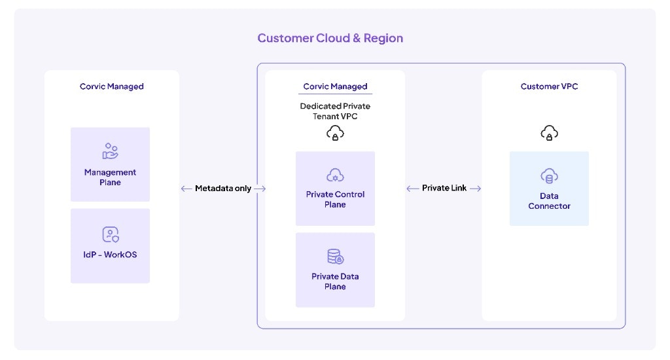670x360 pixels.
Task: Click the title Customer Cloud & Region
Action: pos(330,38)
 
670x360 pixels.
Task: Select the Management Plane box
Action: pos(110,164)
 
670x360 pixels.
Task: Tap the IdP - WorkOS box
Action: pos(110,246)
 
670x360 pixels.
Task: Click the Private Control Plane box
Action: pos(335,189)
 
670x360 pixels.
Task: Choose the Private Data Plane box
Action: pos(335,270)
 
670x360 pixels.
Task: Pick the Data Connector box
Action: pos(549,189)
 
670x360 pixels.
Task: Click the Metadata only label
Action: pos(223,189)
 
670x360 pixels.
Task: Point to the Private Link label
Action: pos(444,189)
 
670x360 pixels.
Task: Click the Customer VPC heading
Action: pos(549,86)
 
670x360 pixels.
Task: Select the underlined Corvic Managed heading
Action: pos(335,86)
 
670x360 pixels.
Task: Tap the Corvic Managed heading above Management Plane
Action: pos(112,86)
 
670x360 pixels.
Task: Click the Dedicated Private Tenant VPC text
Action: pos(335,111)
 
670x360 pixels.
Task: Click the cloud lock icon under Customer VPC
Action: pos(549,134)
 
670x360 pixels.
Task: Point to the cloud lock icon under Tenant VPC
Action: pos(335,134)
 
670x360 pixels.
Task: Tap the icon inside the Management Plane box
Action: pos(110,151)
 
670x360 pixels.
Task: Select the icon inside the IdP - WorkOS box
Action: pos(110,234)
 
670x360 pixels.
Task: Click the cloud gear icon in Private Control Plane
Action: pos(335,175)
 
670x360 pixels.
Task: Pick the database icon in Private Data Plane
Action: pos(335,257)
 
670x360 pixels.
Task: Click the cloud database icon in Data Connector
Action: pos(549,175)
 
